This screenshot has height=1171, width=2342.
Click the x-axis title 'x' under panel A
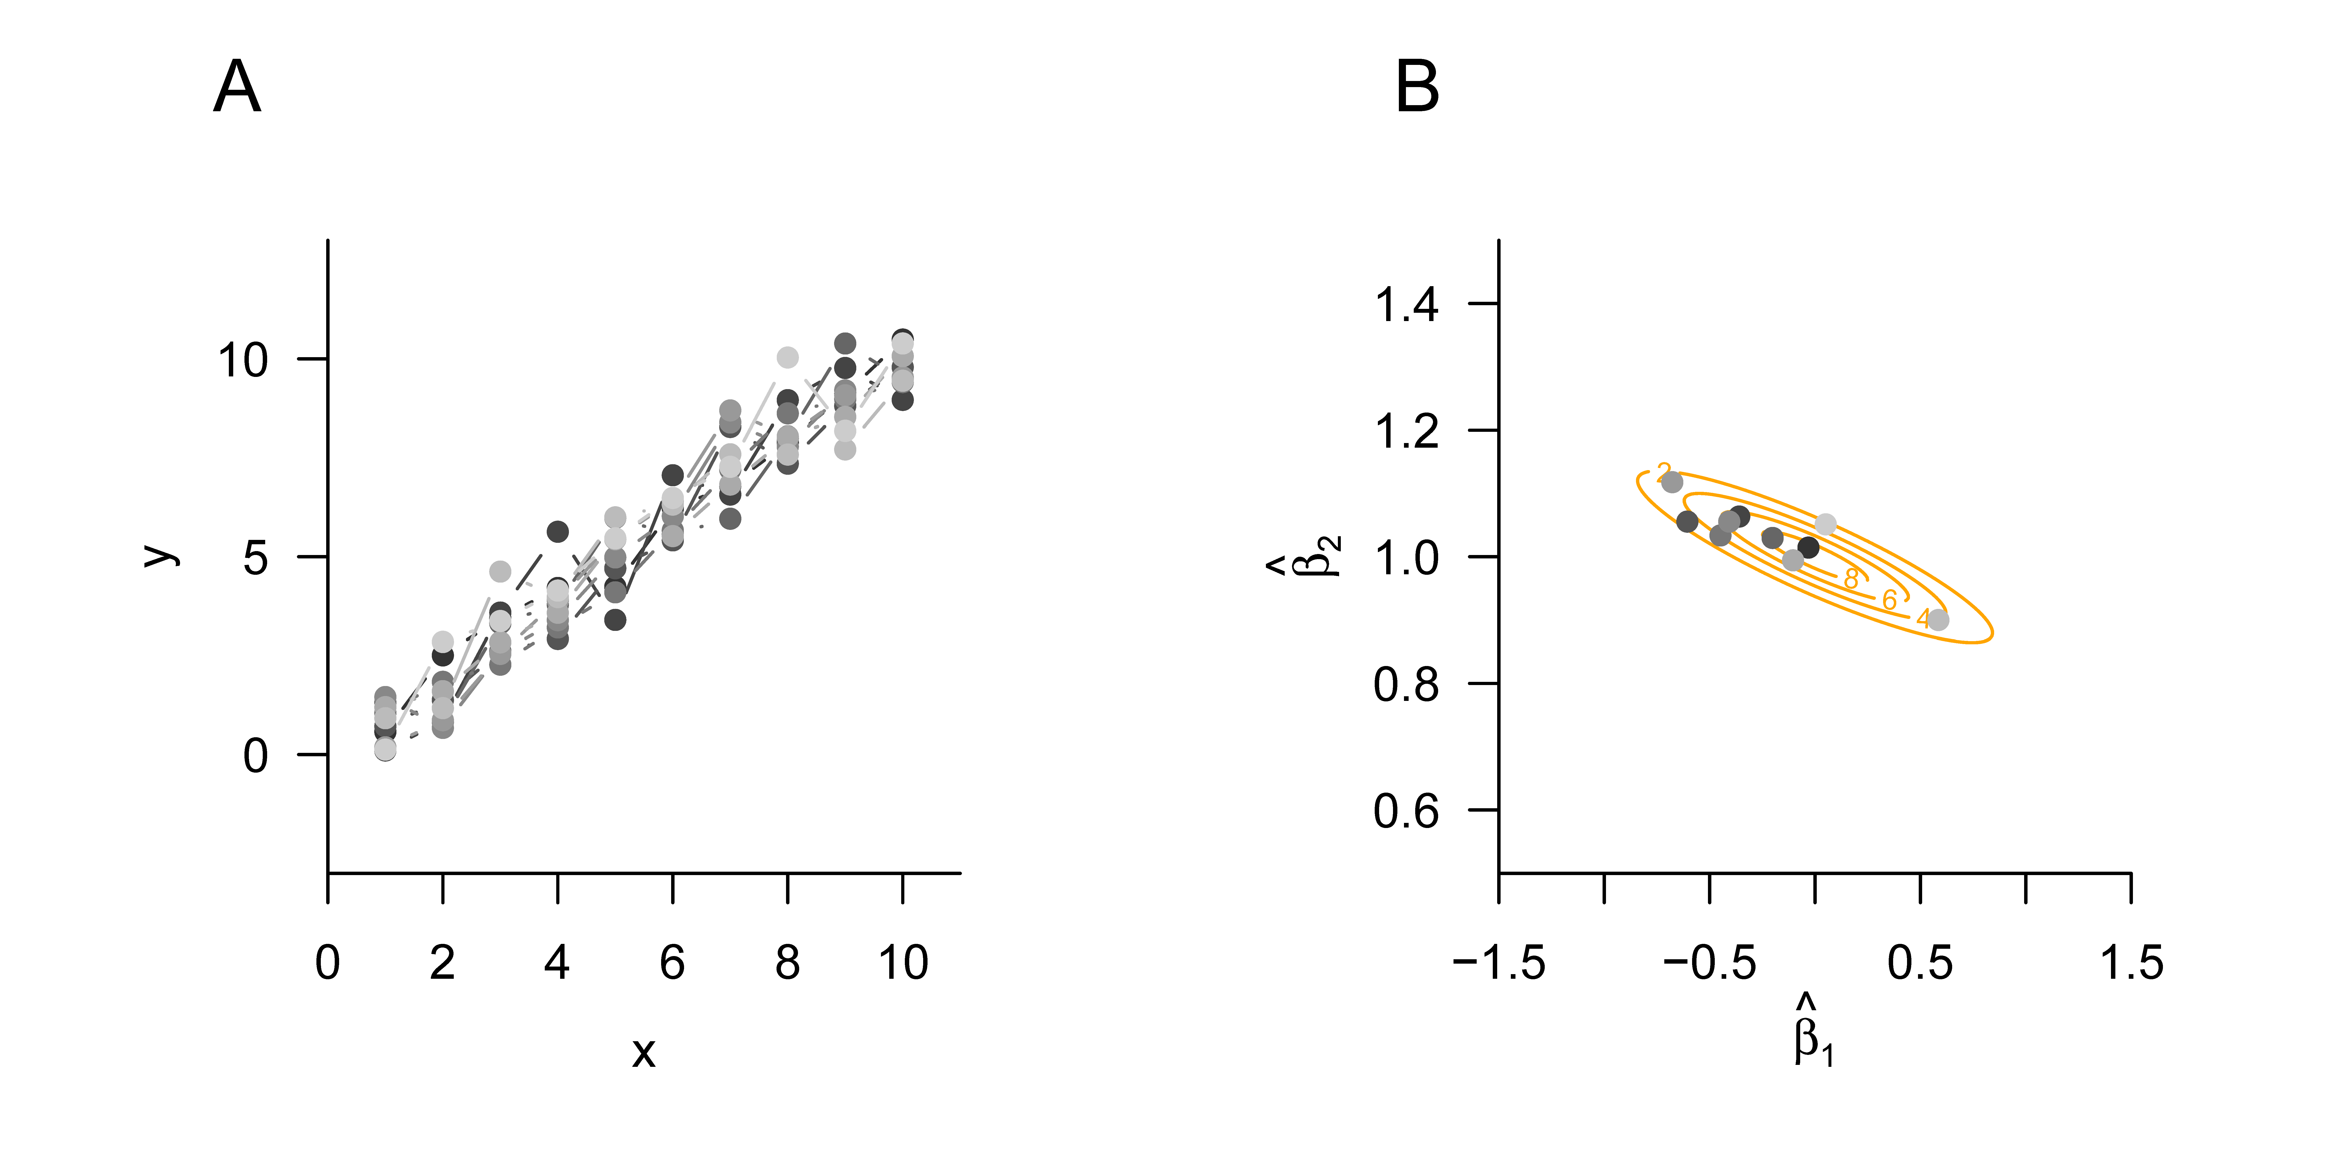coord(644,1052)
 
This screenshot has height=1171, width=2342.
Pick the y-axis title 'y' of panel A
coord(162,555)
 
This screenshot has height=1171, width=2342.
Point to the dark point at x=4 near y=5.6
coord(557,532)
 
